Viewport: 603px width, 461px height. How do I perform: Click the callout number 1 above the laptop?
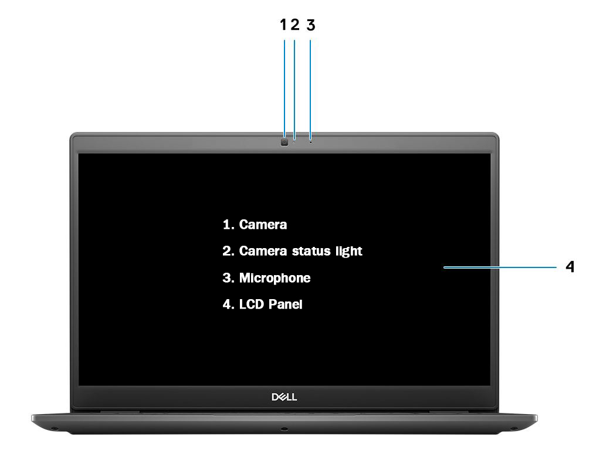283,25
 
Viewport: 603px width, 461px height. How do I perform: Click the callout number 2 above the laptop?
295,25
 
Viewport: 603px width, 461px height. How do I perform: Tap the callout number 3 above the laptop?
311,25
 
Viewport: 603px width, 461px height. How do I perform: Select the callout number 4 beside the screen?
570,266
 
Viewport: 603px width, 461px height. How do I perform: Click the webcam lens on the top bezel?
284,143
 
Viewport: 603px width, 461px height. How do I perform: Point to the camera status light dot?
294,143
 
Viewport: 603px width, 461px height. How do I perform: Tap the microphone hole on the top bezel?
311,143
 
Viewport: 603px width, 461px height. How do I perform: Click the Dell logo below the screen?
284,397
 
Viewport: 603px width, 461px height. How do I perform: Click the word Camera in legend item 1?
263,225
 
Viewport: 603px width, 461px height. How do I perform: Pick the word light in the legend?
349,252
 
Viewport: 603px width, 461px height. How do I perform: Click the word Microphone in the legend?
275,278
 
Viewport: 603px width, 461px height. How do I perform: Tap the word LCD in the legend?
252,304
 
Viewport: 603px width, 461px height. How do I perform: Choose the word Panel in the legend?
286,304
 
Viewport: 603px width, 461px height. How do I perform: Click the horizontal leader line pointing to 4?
500,267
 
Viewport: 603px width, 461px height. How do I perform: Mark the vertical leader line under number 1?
284,89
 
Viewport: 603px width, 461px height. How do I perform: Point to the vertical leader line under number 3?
310,90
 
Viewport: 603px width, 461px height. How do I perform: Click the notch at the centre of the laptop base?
284,429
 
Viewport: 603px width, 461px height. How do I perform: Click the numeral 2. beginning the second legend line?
228,251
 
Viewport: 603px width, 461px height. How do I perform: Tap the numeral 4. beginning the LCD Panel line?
228,304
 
